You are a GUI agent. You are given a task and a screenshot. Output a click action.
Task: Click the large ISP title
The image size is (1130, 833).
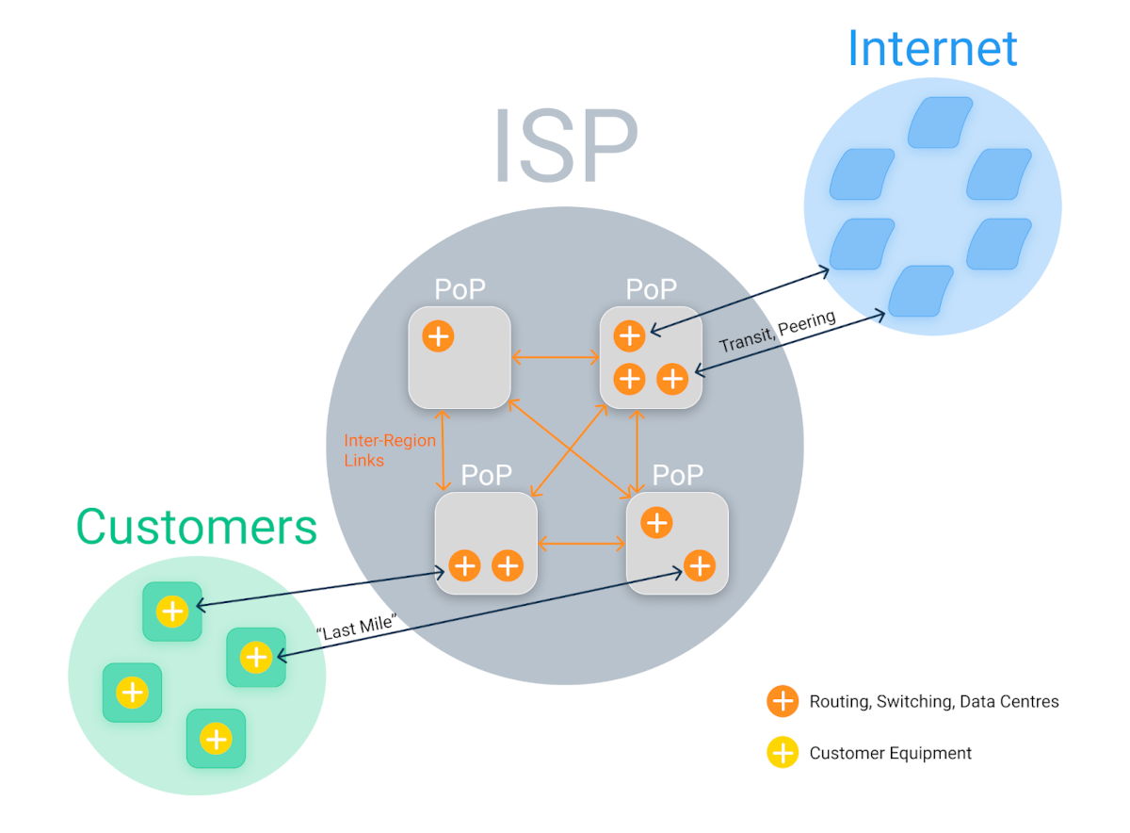(x=565, y=147)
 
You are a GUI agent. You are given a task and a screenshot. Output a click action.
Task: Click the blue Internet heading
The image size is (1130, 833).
(x=932, y=47)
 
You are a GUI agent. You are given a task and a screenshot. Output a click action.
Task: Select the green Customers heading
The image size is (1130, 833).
(x=197, y=526)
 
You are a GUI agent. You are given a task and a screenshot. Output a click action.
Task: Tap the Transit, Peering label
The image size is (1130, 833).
(x=777, y=332)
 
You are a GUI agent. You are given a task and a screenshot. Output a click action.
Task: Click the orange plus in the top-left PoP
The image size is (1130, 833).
(x=438, y=335)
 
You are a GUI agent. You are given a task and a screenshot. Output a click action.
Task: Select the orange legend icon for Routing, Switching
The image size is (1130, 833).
(x=783, y=701)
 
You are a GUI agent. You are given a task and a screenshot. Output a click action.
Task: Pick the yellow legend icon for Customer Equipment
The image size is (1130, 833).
(x=783, y=753)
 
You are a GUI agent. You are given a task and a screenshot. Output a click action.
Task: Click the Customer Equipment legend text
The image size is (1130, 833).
(x=890, y=753)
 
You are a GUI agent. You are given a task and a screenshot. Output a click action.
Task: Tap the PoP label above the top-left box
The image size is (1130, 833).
(x=460, y=289)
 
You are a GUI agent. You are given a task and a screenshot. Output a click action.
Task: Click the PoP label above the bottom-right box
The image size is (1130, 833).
(x=678, y=475)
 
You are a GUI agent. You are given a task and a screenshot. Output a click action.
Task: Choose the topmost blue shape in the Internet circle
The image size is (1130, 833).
(x=940, y=122)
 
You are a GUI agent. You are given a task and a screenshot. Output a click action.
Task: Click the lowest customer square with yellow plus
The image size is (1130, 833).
(x=216, y=739)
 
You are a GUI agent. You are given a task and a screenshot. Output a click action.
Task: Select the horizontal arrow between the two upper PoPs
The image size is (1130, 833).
(x=556, y=357)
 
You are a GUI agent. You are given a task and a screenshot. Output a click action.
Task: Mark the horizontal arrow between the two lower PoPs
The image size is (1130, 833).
(x=582, y=544)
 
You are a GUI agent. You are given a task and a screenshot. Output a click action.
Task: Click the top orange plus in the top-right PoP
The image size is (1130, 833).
(x=629, y=335)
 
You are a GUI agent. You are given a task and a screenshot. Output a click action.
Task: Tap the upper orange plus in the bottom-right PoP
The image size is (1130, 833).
(x=656, y=522)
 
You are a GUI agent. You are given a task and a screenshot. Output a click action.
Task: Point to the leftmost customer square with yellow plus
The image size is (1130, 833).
(x=132, y=693)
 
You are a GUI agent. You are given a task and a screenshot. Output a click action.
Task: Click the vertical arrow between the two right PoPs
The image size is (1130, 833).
(x=639, y=450)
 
